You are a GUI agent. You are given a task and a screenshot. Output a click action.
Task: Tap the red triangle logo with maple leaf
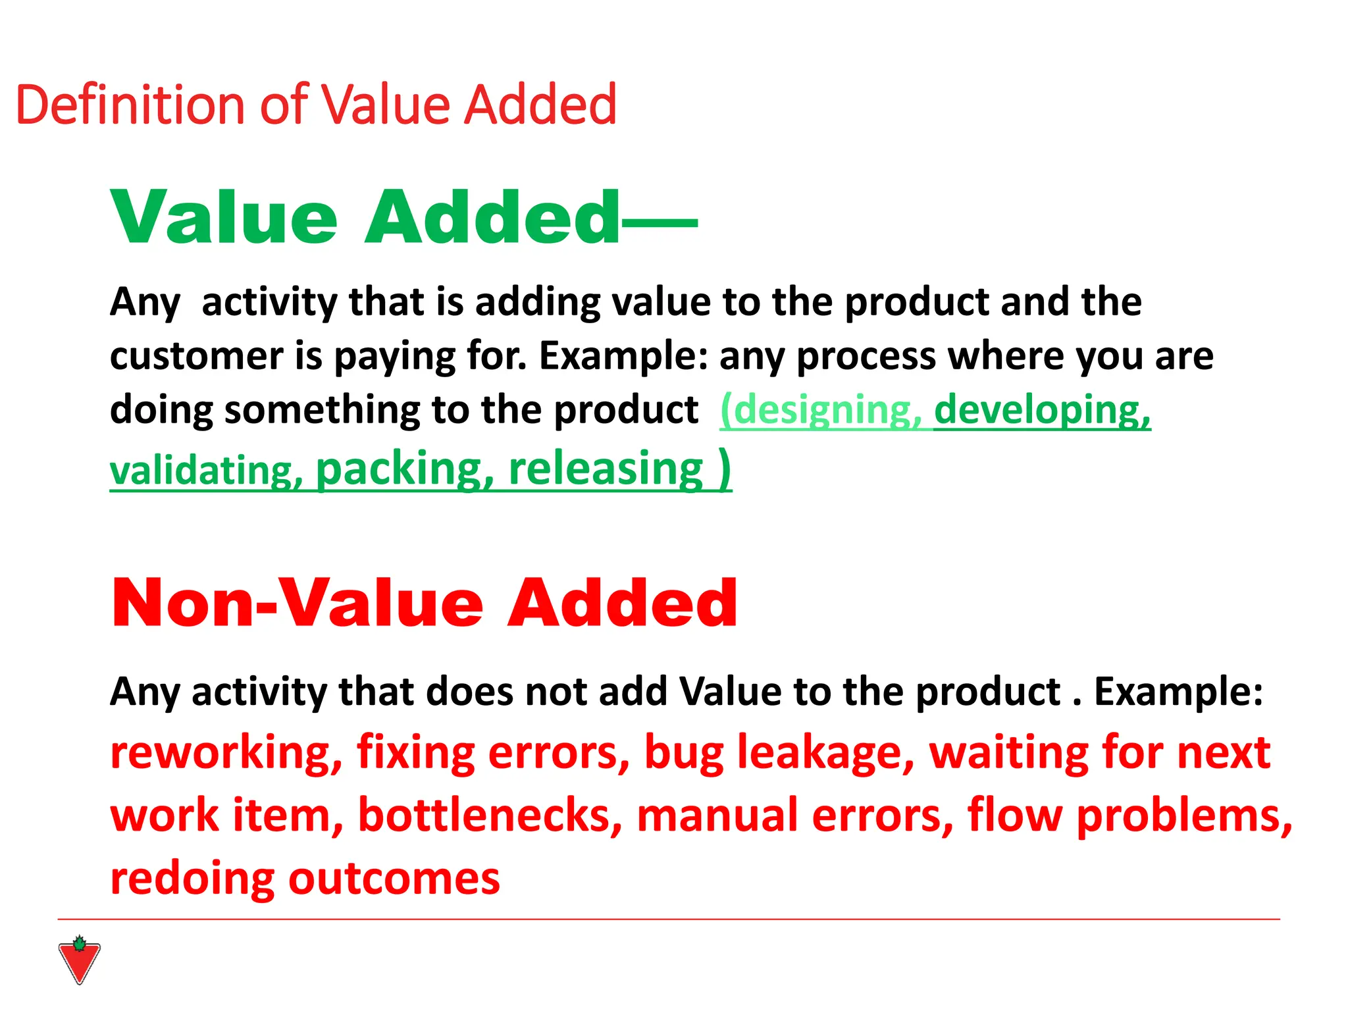(79, 960)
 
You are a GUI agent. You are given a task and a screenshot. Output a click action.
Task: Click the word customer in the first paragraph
(196, 356)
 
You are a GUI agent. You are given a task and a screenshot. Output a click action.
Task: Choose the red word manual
(718, 816)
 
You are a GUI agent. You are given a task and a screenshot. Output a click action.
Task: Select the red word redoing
(192, 879)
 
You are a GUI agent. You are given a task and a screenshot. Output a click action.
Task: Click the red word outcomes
(394, 879)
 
